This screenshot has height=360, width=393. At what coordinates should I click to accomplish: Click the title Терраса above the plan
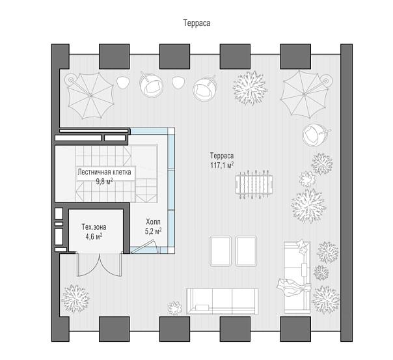pos(197,23)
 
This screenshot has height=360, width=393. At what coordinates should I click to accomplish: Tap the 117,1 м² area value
pos(222,165)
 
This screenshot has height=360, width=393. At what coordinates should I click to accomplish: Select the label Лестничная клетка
pos(104,172)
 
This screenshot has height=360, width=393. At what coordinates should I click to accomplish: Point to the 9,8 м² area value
pos(104,181)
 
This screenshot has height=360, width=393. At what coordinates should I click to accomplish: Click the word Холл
pos(153,222)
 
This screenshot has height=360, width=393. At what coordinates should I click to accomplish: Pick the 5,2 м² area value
pos(153,231)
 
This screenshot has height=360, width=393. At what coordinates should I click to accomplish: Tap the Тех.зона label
pos(94,227)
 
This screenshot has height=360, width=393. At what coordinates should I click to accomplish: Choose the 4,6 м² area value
pos(94,236)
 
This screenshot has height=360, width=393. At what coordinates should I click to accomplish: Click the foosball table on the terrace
pos(254,184)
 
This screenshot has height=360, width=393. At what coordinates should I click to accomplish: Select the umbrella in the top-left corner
pos(90,96)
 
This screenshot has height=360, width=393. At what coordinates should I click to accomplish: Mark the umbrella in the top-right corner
pos(305,94)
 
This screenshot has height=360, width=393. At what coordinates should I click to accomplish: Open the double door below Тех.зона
pos(100,264)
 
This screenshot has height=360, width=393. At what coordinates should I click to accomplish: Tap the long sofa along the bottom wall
pos(223,301)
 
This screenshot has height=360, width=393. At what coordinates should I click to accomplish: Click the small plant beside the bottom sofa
pos(175,308)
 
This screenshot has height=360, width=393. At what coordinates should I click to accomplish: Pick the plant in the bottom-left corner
pos(75,298)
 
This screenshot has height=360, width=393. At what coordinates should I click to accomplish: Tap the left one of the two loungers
pos(221,251)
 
